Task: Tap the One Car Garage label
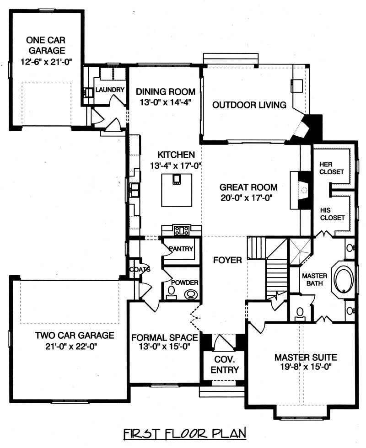(45, 45)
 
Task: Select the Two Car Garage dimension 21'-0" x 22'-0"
(74, 346)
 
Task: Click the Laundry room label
(110, 90)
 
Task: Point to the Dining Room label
(165, 91)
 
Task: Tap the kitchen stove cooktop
(182, 230)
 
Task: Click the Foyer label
(227, 260)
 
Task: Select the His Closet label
(332, 213)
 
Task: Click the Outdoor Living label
(249, 105)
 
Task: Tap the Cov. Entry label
(225, 364)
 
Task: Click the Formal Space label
(164, 338)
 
